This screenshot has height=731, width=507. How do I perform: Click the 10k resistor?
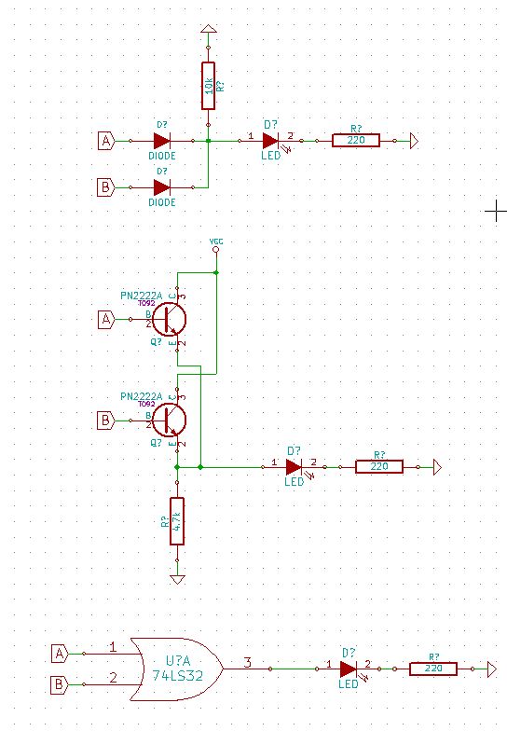click(208, 85)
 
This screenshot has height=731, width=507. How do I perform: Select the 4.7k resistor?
click(177, 521)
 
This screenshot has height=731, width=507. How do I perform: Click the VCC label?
click(216, 241)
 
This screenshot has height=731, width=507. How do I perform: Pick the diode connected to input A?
click(161, 140)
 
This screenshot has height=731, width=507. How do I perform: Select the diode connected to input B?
click(161, 186)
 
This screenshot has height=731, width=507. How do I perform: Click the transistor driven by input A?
click(170, 319)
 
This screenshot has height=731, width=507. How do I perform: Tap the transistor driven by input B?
click(170, 420)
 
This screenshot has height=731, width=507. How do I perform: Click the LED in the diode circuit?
click(270, 140)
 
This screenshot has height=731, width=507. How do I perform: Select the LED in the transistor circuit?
click(294, 466)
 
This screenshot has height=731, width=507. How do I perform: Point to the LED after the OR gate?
click(348, 669)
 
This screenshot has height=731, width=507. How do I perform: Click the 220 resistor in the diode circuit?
click(355, 140)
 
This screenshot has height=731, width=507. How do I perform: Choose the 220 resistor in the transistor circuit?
click(378, 466)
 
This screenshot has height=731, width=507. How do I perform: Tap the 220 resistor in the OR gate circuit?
click(432, 669)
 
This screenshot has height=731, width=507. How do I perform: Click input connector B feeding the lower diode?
click(106, 186)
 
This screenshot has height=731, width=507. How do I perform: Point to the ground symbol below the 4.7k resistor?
click(177, 579)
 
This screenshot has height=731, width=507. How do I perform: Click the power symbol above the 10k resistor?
click(208, 32)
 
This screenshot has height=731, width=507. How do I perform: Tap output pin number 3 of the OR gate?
click(248, 664)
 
